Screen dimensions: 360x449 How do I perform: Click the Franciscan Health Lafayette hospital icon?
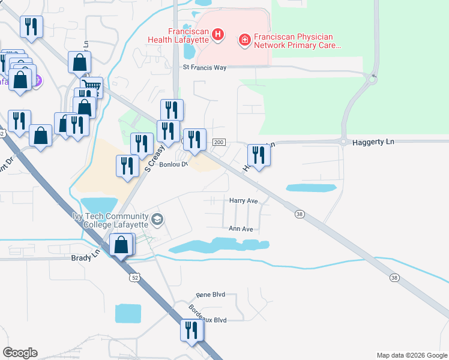click(x=217, y=35)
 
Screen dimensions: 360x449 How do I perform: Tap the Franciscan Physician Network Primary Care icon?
click(x=244, y=40)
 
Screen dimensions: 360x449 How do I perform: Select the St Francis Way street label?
click(x=205, y=68)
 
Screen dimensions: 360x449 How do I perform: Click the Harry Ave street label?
click(x=244, y=201)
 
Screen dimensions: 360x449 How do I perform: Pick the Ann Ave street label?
click(x=241, y=229)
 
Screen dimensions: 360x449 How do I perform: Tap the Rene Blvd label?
click(x=210, y=295)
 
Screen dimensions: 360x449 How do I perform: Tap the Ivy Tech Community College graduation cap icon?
click(x=157, y=219)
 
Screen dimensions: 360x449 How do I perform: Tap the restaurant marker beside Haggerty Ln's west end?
click(x=259, y=155)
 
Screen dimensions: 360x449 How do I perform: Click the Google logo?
click(x=20, y=353)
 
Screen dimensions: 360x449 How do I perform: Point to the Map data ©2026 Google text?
click(x=411, y=355)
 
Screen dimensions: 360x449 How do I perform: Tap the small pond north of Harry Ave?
click(x=310, y=188)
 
